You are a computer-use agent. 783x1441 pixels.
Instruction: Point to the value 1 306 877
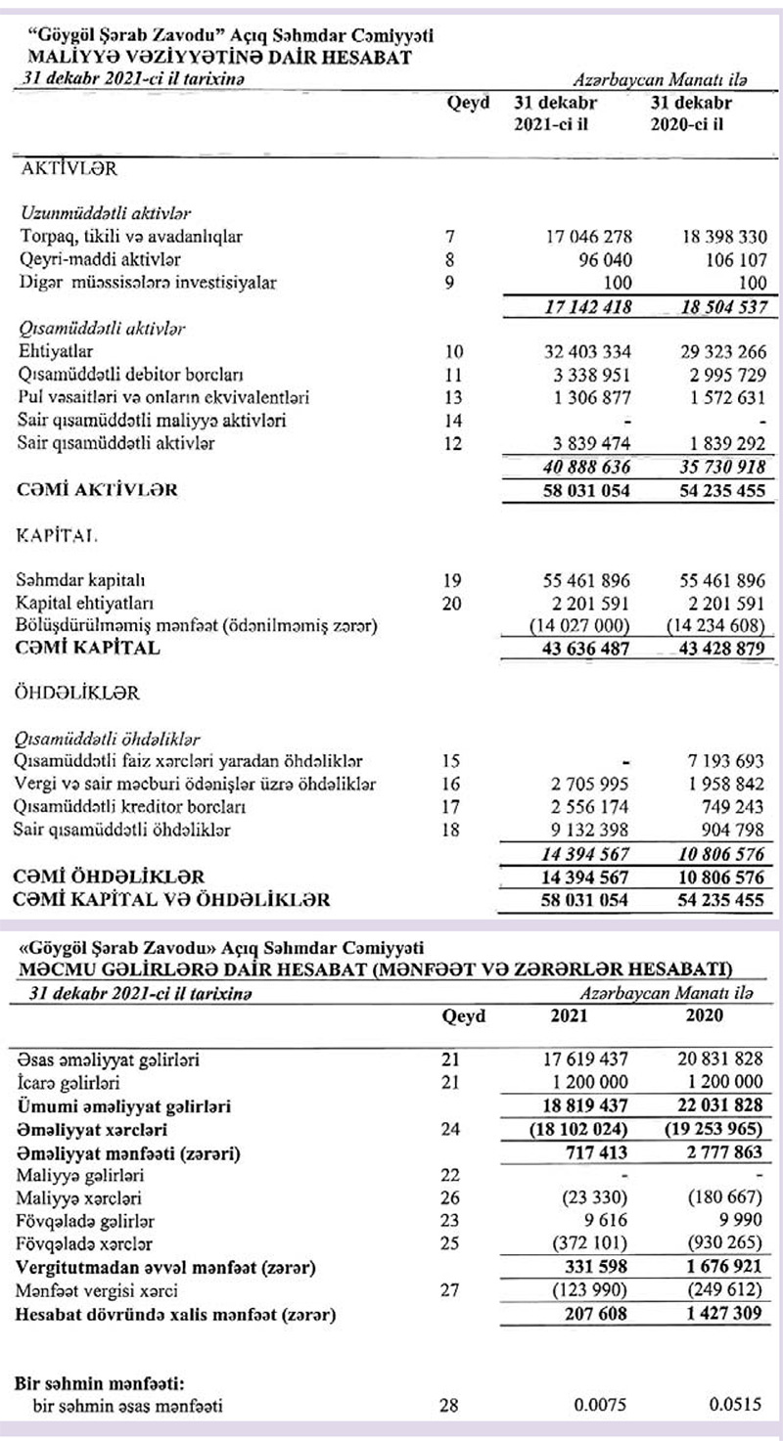(x=587, y=398)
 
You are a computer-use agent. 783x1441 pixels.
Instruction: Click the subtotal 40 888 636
(x=583, y=468)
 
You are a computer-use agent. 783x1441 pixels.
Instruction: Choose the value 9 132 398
(x=587, y=831)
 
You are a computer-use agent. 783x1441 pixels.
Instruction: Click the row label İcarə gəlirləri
(x=70, y=1082)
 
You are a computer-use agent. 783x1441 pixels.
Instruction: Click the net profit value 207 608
(x=595, y=1313)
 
